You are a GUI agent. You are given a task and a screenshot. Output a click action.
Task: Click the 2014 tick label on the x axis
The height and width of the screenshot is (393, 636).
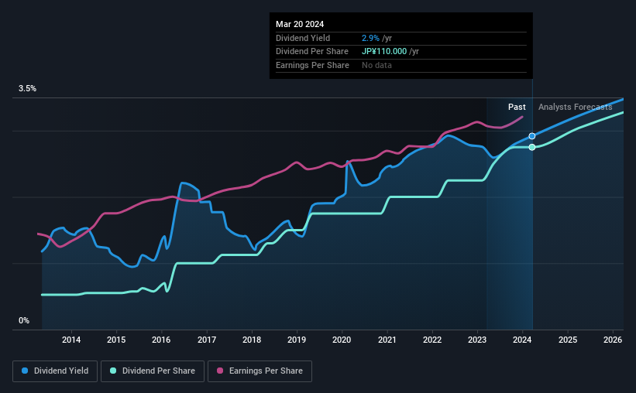(71, 339)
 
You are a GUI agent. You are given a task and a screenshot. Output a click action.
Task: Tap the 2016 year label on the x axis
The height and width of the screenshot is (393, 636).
(161, 339)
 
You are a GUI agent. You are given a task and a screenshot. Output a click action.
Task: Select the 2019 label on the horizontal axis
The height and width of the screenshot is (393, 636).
(297, 339)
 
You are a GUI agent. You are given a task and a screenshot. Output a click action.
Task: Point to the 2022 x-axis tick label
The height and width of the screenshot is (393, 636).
(432, 339)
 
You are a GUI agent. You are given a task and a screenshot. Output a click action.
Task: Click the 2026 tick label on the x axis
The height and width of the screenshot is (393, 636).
(613, 339)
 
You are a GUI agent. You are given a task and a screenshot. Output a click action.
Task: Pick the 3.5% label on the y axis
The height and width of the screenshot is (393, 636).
(28, 89)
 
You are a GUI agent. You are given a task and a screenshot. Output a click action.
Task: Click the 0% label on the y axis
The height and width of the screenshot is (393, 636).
(24, 320)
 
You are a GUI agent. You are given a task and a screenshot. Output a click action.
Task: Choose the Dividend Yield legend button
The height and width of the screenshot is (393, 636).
(54, 371)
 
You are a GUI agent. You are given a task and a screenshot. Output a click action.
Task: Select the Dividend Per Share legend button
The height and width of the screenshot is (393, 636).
(153, 371)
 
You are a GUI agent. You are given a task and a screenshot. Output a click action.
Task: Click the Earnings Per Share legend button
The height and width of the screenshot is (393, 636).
(260, 371)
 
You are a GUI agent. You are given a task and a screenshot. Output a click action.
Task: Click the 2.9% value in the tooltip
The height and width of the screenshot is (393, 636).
(369, 38)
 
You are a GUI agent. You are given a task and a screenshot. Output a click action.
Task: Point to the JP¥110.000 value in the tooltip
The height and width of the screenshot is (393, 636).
(384, 51)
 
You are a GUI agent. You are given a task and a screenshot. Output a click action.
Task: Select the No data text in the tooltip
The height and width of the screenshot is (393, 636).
(376, 65)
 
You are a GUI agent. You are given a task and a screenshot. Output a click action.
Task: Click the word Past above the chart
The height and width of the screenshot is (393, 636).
(517, 107)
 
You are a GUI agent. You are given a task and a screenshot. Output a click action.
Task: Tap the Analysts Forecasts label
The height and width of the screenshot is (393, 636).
(575, 107)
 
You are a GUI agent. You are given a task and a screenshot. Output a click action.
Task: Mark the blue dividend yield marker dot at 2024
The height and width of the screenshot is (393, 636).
(532, 136)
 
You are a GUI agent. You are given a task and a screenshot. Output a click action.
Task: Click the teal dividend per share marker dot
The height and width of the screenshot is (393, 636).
(532, 147)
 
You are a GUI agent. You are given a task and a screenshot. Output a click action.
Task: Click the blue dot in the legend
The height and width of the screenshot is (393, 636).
(25, 371)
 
